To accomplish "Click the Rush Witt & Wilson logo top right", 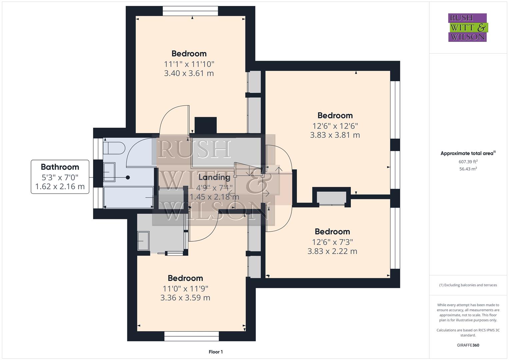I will pyautogui.click(x=467, y=27).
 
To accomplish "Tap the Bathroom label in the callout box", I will pyautogui.click(x=60, y=167).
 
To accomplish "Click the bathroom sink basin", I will pyautogui.click(x=109, y=172).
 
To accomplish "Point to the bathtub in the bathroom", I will pyautogui.click(x=128, y=197).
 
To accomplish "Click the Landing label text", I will pyautogui.click(x=214, y=177).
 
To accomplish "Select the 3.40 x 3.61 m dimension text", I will pyautogui.click(x=189, y=73).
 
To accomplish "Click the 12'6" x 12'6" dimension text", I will pyautogui.click(x=335, y=126).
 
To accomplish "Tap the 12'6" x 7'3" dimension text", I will pyautogui.click(x=332, y=242).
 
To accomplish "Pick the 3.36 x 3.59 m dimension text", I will pyautogui.click(x=185, y=298).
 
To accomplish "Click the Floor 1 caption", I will pyautogui.click(x=216, y=352).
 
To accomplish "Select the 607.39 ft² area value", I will pyautogui.click(x=468, y=162).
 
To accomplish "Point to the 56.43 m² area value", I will pyautogui.click(x=468, y=169).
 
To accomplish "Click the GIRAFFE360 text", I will pyautogui.click(x=468, y=345).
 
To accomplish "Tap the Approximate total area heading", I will pyautogui.click(x=467, y=153).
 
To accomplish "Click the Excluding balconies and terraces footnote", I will pyautogui.click(x=468, y=285).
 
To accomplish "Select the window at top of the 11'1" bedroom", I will pyautogui.click(x=190, y=11).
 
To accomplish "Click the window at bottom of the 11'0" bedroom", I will pyautogui.click(x=192, y=336).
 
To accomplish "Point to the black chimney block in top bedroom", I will pyautogui.click(x=205, y=125).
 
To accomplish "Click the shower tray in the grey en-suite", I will pyautogui.click(x=144, y=241).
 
